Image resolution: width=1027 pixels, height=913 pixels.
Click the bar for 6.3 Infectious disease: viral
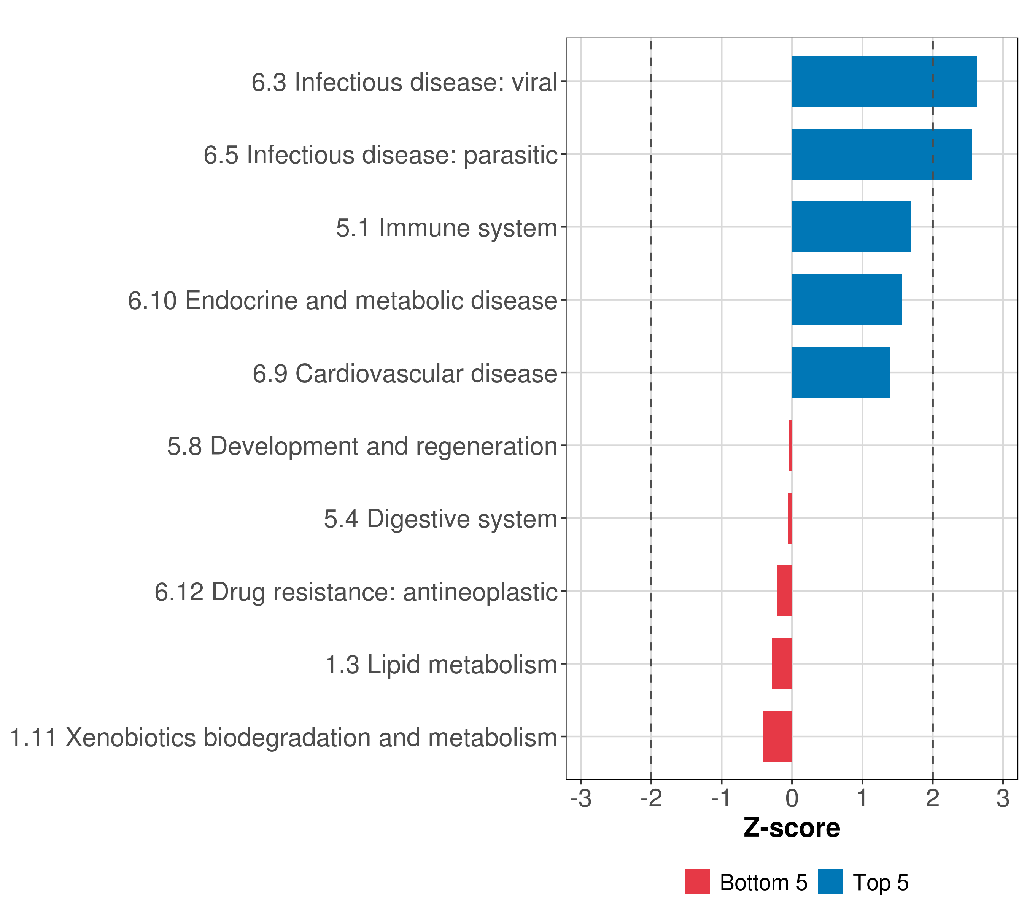click(x=884, y=81)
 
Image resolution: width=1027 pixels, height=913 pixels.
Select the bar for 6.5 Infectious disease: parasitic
click(x=881, y=154)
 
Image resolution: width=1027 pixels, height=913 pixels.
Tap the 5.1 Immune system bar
click(x=851, y=227)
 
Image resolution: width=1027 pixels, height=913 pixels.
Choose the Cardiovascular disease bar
click(x=841, y=372)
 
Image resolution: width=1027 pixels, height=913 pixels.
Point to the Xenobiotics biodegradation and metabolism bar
click(x=777, y=736)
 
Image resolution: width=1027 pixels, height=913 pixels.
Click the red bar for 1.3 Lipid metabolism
click(x=781, y=664)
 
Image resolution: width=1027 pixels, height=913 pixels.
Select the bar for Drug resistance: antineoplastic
click(x=784, y=591)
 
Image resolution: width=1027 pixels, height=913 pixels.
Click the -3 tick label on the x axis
click(x=581, y=798)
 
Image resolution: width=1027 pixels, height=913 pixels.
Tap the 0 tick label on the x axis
click(x=792, y=798)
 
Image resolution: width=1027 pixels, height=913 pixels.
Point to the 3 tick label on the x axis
click(x=1003, y=798)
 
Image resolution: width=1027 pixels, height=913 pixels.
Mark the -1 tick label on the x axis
click(x=722, y=798)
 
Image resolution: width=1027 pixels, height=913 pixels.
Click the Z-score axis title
click(x=792, y=828)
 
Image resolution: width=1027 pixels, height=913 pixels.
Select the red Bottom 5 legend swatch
click(x=697, y=882)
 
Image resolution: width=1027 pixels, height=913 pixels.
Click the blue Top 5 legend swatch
click(x=830, y=882)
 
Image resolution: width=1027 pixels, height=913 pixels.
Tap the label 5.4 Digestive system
click(x=440, y=519)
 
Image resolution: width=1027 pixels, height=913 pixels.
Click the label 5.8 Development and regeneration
click(x=362, y=446)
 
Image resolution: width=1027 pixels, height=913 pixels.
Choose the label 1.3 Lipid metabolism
click(x=441, y=665)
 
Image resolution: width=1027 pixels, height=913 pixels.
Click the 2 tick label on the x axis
click(x=933, y=798)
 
